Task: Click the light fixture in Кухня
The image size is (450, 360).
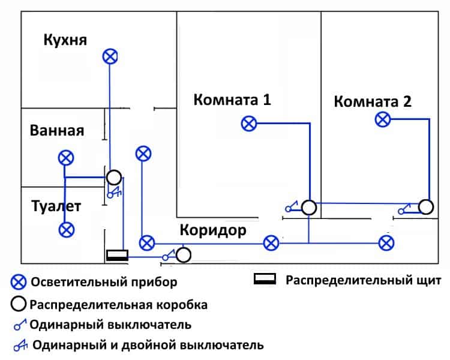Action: point(109,56)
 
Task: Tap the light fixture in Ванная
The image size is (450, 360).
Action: point(65,158)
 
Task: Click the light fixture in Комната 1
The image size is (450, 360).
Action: point(248,124)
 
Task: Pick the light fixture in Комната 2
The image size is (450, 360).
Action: point(382,119)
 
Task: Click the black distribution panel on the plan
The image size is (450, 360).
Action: point(117,256)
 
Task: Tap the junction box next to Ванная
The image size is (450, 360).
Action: point(114,177)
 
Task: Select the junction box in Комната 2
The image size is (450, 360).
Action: point(426,207)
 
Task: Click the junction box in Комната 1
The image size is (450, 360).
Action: point(308,208)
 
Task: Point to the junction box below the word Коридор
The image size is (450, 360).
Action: point(184,255)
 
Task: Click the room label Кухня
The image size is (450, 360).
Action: point(65,40)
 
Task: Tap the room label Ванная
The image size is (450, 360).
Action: point(57,131)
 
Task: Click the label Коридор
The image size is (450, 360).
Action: point(213,231)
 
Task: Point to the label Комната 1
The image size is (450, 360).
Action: point(232,100)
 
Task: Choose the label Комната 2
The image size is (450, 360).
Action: point(373,101)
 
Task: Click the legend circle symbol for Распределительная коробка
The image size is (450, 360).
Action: point(19,304)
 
